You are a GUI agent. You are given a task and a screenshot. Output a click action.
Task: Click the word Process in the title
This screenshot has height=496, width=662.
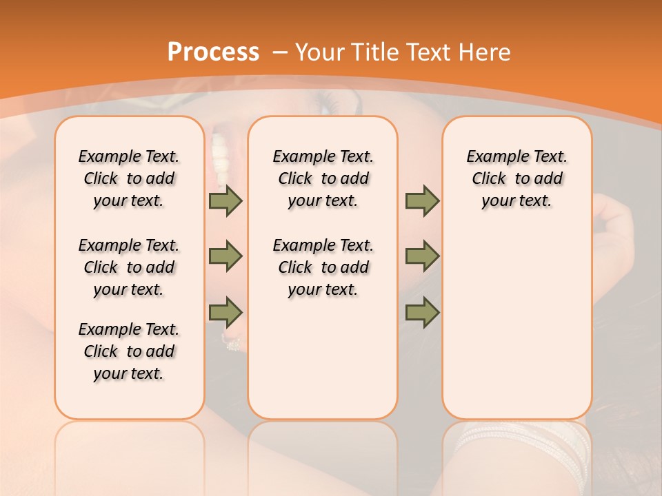(x=213, y=52)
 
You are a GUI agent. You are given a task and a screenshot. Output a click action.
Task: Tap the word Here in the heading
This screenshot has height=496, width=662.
(x=485, y=52)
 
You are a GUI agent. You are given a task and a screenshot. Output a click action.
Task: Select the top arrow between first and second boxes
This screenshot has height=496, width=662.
(x=225, y=201)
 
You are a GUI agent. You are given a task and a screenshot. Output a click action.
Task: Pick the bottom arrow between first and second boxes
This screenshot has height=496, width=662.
(x=225, y=312)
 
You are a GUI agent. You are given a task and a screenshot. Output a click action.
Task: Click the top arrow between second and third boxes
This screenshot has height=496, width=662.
(x=422, y=201)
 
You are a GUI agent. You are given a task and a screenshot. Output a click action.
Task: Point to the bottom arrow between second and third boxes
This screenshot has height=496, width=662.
(x=422, y=312)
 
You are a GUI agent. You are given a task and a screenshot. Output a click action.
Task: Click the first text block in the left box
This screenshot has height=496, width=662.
(x=129, y=178)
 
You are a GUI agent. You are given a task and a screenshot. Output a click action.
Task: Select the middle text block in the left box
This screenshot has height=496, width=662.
(x=129, y=267)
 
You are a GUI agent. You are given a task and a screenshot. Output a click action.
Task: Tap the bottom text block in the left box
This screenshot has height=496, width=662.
(x=129, y=351)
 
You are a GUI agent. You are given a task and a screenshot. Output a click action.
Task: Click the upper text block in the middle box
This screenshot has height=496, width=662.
(x=323, y=178)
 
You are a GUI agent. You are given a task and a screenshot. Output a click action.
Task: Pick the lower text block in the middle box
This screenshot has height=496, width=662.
(x=323, y=267)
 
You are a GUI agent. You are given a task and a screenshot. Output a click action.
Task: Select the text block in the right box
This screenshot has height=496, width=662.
(x=516, y=178)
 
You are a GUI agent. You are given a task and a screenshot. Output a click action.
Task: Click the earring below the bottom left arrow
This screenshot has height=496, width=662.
(x=231, y=341)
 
